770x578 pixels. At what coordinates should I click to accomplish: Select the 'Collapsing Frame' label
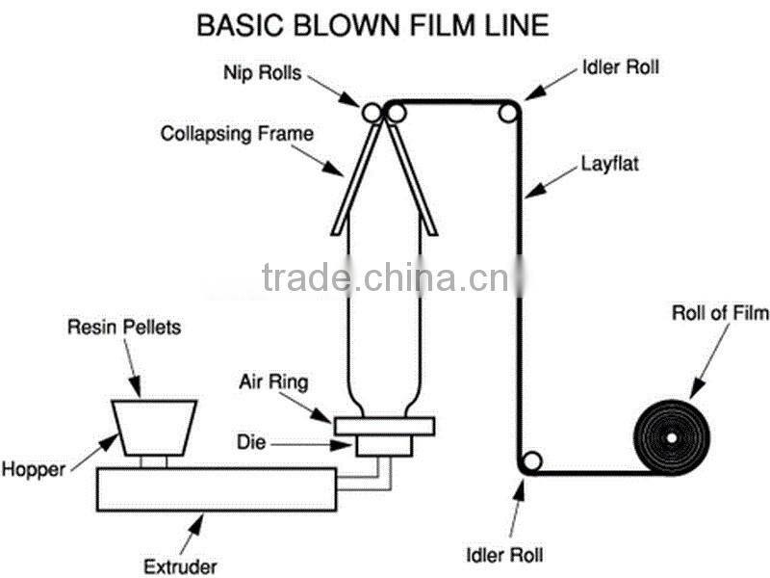237,133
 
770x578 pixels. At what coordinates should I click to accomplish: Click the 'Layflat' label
608,164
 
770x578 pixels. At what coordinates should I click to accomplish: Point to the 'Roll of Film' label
720,313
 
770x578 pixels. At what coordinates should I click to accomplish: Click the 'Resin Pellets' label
123,328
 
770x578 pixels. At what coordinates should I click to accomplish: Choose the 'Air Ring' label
273,382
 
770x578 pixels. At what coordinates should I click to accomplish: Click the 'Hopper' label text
34,470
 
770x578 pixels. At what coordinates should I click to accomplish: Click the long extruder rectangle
217,488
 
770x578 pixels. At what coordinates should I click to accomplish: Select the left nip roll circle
372,113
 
